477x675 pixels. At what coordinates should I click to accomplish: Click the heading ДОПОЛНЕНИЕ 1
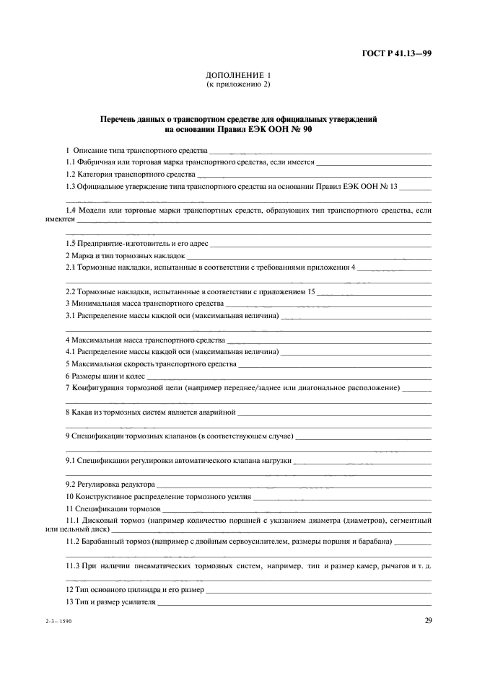coord(237,75)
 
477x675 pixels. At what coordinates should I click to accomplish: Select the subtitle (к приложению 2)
coord(237,84)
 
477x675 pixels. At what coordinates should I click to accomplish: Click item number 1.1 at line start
coord(70,162)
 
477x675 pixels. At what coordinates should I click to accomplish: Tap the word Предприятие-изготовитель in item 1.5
coord(118,244)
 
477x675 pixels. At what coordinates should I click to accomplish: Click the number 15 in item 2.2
coord(310,291)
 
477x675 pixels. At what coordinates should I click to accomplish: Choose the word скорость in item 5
coord(146,364)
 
